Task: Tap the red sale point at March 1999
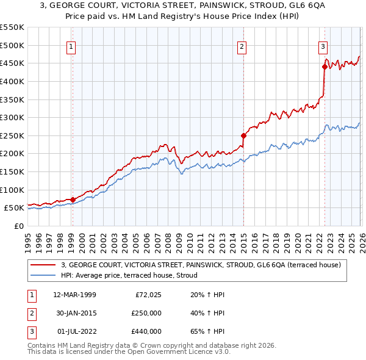click(x=73, y=200)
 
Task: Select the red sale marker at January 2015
click(x=243, y=135)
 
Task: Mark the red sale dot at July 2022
click(x=324, y=67)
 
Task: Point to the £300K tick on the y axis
click(x=12, y=117)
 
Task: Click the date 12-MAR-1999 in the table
click(x=74, y=295)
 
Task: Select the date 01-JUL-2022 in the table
click(x=74, y=331)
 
